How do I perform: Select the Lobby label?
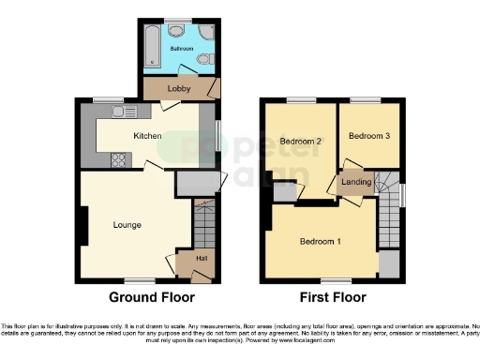click(179, 88)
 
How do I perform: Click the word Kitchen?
click(147, 136)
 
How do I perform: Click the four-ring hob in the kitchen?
click(120, 158)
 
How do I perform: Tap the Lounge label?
click(127, 224)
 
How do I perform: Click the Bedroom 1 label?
click(320, 242)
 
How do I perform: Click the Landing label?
click(356, 181)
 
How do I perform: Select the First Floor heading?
click(333, 298)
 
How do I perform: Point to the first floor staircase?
click(388, 216)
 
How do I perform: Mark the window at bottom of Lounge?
click(142, 281)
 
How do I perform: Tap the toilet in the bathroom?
click(203, 62)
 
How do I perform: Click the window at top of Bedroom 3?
click(366, 99)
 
